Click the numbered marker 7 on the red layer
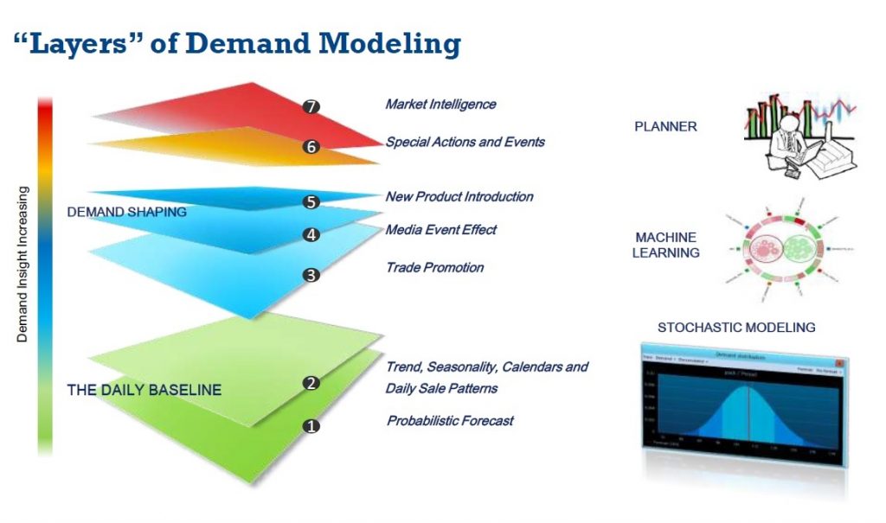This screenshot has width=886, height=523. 312,106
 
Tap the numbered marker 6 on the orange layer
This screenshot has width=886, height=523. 311,147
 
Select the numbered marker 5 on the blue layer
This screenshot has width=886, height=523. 311,202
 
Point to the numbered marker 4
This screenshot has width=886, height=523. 311,234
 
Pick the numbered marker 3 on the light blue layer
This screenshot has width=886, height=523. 311,276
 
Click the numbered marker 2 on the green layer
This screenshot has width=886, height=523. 311,383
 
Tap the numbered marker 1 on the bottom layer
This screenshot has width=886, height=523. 311,425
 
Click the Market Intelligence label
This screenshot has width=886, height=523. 440,104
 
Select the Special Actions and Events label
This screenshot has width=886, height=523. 465,141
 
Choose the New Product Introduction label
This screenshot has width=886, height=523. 459,196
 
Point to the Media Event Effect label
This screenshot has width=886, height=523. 440,230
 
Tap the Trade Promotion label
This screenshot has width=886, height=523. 434,267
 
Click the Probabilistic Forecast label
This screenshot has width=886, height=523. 449,421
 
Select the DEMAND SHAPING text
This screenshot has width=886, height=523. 126,212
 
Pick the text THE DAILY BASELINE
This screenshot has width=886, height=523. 144,390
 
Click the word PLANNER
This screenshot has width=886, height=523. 665,127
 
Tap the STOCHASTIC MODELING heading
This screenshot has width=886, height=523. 736,327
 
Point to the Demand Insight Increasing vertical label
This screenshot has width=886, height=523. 22,264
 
